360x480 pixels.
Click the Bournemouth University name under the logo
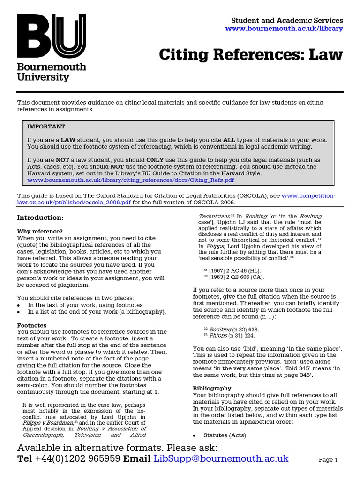click(x=52, y=72)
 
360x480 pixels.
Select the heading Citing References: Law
click(x=251, y=55)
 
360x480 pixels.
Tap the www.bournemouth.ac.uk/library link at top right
click(x=284, y=29)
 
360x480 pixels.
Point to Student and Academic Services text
click(x=287, y=20)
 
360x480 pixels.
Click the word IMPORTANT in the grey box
click(x=46, y=127)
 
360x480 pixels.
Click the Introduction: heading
click(x=40, y=217)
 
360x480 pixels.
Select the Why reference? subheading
click(x=40, y=231)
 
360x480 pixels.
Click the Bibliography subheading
click(x=212, y=388)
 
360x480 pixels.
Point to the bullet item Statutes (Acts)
click(x=225, y=435)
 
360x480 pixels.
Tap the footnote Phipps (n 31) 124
click(x=230, y=336)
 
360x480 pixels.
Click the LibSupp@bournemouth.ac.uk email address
click(x=221, y=458)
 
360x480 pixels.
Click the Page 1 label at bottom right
click(x=328, y=460)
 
